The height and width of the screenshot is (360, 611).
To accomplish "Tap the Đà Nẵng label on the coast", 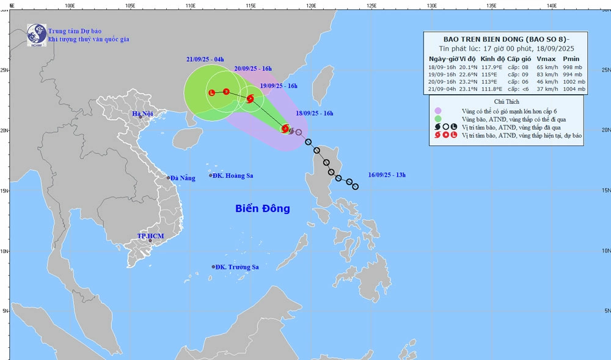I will coord(183,178).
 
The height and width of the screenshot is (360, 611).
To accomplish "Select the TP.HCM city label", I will coord(150,236).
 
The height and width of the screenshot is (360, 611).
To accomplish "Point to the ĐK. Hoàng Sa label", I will coord(234,175).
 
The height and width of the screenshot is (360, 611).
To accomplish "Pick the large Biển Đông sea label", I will coord(263,208).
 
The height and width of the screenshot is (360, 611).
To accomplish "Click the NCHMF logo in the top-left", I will coord(37,35).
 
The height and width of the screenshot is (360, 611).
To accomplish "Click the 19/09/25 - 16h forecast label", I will coord(279,86).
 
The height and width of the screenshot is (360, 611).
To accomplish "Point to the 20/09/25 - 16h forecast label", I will coord(253,68).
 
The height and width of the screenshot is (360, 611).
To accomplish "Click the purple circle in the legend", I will coord(438,111).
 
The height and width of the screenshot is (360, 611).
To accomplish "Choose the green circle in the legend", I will coord(438,119).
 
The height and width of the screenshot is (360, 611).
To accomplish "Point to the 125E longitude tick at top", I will coord(371,5).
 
